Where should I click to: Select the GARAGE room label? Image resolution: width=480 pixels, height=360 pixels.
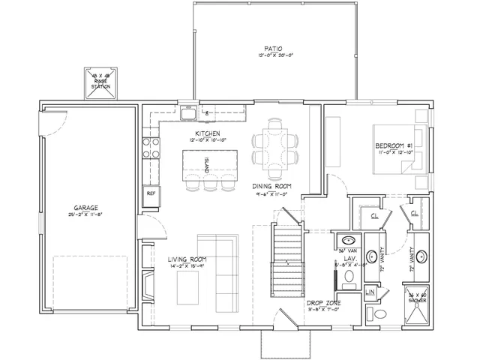[x=85, y=208]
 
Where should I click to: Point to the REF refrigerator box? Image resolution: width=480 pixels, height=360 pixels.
[x=151, y=193]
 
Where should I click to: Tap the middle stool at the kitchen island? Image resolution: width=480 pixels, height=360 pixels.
[x=208, y=182]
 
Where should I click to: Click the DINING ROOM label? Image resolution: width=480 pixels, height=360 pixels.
[x=273, y=186]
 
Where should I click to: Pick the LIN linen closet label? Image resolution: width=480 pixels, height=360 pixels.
[x=370, y=292]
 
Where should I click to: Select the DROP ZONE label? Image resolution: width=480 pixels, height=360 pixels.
[x=324, y=302]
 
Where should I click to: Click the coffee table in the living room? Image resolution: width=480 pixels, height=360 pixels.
[x=183, y=284]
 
